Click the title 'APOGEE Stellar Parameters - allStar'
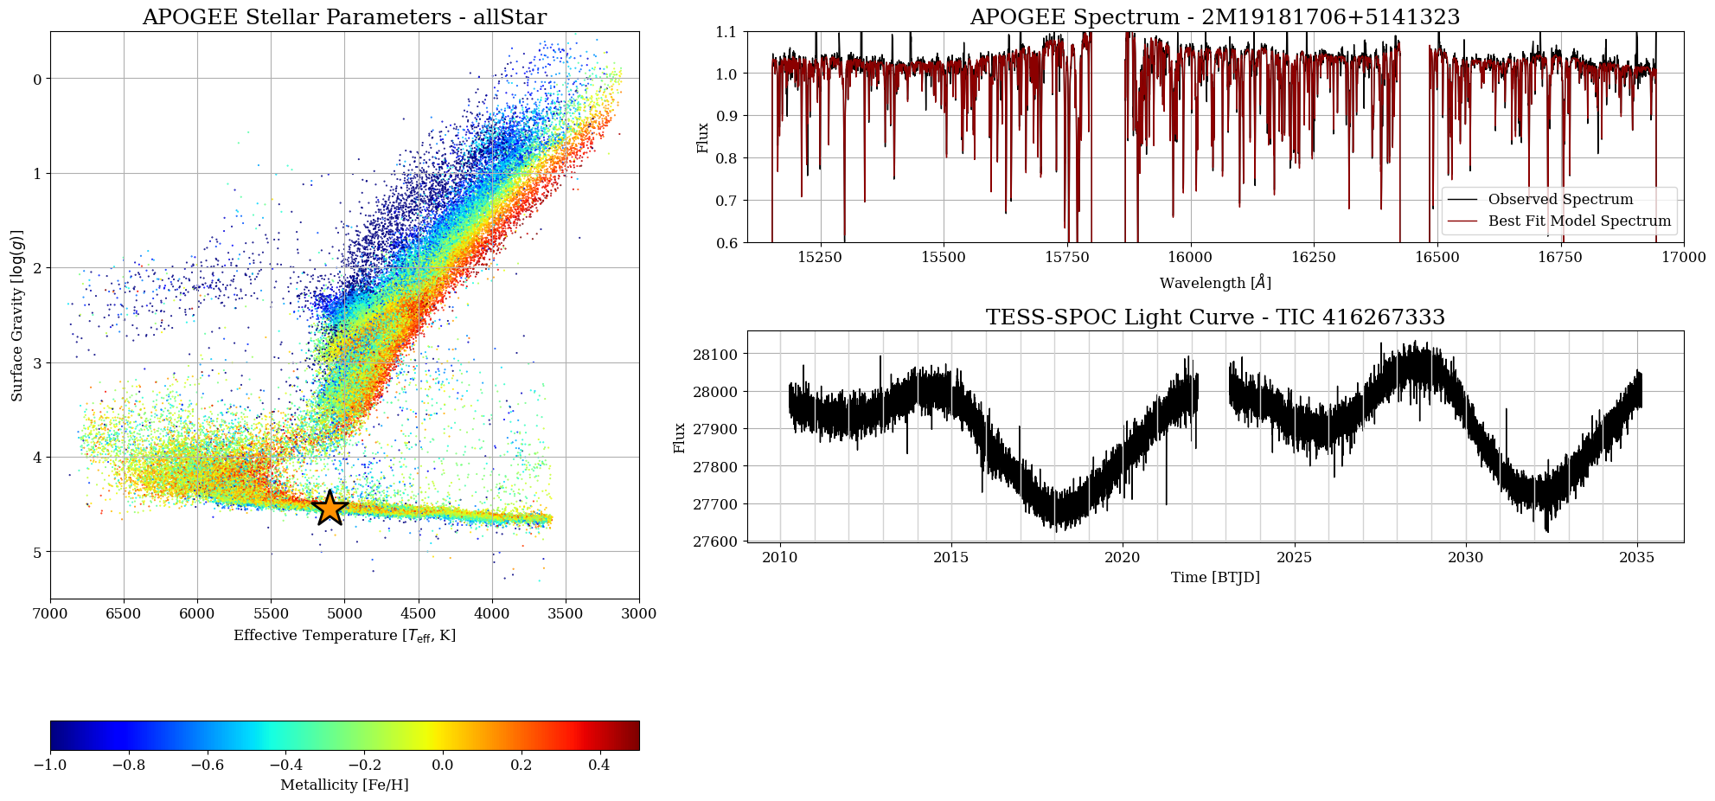pyautogui.click(x=344, y=17)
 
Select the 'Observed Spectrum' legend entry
pyautogui.click(x=1560, y=199)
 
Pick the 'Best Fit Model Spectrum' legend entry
pyautogui.click(x=1579, y=221)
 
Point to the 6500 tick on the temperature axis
pyautogui.click(x=124, y=613)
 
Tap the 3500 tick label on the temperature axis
pyautogui.click(x=566, y=613)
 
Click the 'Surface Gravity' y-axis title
pyautogui.click(x=17, y=316)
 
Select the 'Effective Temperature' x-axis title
pyautogui.click(x=344, y=636)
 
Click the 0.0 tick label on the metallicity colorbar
pyautogui.click(x=442, y=765)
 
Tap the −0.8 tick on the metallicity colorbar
pyautogui.click(x=129, y=765)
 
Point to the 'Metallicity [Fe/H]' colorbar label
pyautogui.click(x=344, y=785)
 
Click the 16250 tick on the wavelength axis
pyautogui.click(x=1313, y=257)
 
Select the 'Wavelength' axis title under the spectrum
pyautogui.click(x=1215, y=283)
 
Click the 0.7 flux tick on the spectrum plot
pyautogui.click(x=726, y=201)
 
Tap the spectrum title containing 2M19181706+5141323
pyautogui.click(x=1215, y=17)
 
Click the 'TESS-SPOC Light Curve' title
pyautogui.click(x=1215, y=317)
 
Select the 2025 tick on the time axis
pyautogui.click(x=1295, y=557)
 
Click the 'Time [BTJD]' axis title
pyautogui.click(x=1215, y=578)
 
